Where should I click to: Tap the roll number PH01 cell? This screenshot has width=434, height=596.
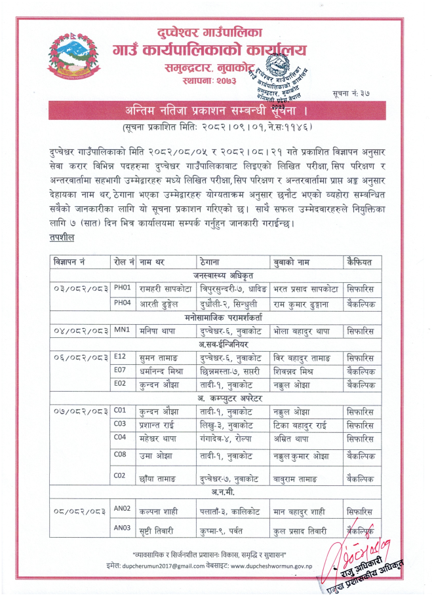click(x=123, y=287)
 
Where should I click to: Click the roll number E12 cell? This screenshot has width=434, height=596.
click(x=120, y=357)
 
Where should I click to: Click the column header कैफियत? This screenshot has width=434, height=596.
click(x=359, y=262)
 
